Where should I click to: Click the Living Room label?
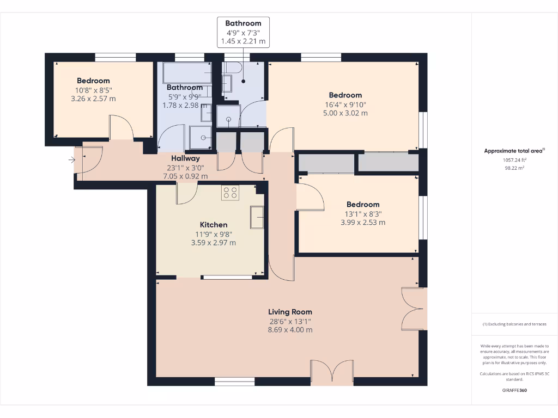tap(290, 312)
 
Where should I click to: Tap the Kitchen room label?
tap(214, 225)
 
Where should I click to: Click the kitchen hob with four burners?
tap(230, 193)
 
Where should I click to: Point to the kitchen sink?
tap(257, 218)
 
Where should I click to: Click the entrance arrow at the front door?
tap(71, 160)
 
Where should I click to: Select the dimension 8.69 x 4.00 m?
tap(290, 330)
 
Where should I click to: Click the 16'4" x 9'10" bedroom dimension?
tap(345, 104)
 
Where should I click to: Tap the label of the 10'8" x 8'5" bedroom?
tap(93, 81)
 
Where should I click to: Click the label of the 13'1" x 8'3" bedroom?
tap(363, 205)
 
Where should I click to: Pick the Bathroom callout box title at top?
tap(243, 23)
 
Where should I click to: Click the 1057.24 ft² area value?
tap(514, 161)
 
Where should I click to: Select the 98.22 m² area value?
tap(514, 169)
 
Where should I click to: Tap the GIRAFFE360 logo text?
tap(514, 390)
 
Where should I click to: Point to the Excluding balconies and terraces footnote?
tap(514, 324)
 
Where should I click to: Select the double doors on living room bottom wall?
tap(331, 373)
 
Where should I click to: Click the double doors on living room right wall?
tap(412, 308)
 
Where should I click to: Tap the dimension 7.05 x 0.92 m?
tap(185, 176)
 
